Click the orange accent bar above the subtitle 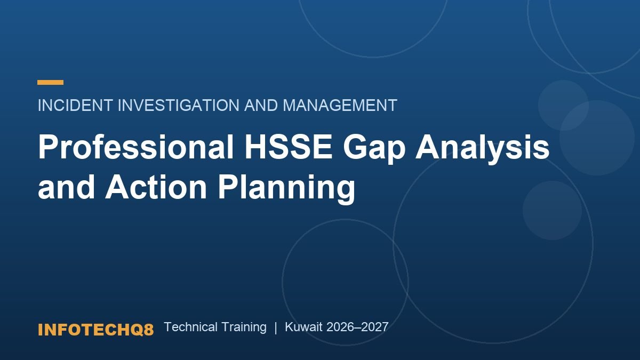pos(50,82)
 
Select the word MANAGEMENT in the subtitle pos(340,105)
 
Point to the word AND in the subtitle pos(261,105)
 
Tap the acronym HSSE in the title pos(289,147)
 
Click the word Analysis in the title pos(482,149)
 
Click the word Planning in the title pos(286,189)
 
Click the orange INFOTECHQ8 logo pos(95,330)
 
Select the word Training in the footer pos(244,327)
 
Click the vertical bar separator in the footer pos(276,327)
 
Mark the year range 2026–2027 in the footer pos(357,327)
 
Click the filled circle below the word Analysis pos(553,210)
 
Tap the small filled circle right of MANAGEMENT pos(563,105)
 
